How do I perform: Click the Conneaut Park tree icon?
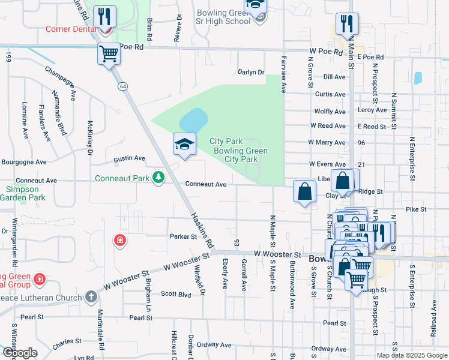point(158,178)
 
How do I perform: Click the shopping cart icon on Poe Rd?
point(109,53)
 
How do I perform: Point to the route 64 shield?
point(123,86)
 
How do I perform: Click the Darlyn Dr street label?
point(251,73)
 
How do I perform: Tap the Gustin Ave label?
point(130,158)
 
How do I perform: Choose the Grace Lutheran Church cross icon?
point(91,296)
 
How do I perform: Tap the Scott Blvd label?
point(176,294)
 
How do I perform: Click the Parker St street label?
point(183,236)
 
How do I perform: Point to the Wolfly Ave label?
point(330,112)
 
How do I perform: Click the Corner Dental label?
point(70,29)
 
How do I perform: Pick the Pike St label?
point(415,209)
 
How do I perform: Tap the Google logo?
point(20,352)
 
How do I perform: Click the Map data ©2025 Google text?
point(411,355)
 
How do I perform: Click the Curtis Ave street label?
point(330,94)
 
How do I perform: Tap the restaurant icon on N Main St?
point(347,23)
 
